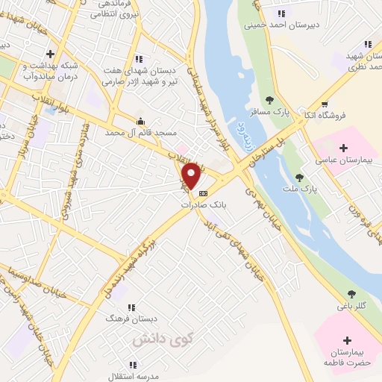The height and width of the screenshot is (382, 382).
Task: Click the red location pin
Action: (192, 175)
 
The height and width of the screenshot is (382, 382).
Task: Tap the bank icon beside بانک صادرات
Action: (204, 193)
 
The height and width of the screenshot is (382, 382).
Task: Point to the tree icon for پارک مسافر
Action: (269, 100)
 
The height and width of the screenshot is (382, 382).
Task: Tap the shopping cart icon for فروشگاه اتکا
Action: (325, 104)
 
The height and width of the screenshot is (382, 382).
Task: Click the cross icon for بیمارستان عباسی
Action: (344, 148)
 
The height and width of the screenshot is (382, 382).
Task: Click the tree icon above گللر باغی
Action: (351, 294)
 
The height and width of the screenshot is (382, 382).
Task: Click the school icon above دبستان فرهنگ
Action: (132, 307)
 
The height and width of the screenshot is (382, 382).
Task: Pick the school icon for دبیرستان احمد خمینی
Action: (282, 12)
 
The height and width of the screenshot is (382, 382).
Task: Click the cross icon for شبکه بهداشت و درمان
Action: (50, 54)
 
